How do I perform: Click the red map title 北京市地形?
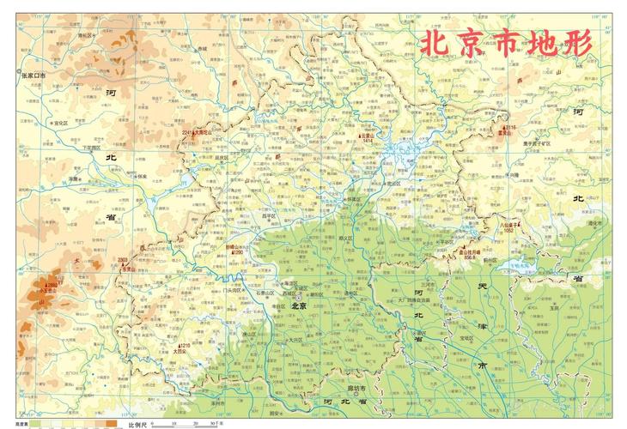click(x=506, y=44)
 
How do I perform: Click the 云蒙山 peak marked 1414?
click(x=368, y=136)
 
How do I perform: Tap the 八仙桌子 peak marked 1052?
click(x=513, y=226)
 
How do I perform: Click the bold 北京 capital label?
click(x=299, y=305)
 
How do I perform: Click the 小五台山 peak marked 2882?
click(x=51, y=287)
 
